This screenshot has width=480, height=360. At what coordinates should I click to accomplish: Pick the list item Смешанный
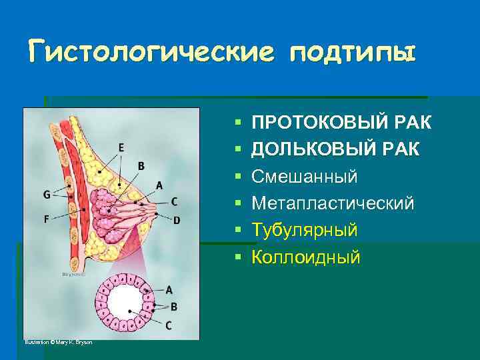304,177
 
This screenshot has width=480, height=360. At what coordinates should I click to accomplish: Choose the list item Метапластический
333,203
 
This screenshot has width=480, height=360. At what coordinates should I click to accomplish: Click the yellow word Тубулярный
305,230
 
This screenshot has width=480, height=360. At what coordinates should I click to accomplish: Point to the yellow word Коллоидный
305,257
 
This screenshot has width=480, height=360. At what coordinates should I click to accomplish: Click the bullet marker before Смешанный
237,177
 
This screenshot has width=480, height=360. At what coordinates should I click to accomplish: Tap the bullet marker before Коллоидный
237,257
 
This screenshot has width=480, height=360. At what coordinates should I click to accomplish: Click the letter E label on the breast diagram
121,147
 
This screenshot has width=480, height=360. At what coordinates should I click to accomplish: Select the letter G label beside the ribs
46,195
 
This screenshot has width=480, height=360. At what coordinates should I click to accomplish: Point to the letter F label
46,217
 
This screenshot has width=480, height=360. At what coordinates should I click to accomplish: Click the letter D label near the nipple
177,220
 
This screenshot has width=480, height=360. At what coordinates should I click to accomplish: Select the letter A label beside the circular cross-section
169,289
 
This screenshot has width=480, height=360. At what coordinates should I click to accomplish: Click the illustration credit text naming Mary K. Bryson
59,343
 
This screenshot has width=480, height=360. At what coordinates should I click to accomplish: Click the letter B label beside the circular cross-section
173,307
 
